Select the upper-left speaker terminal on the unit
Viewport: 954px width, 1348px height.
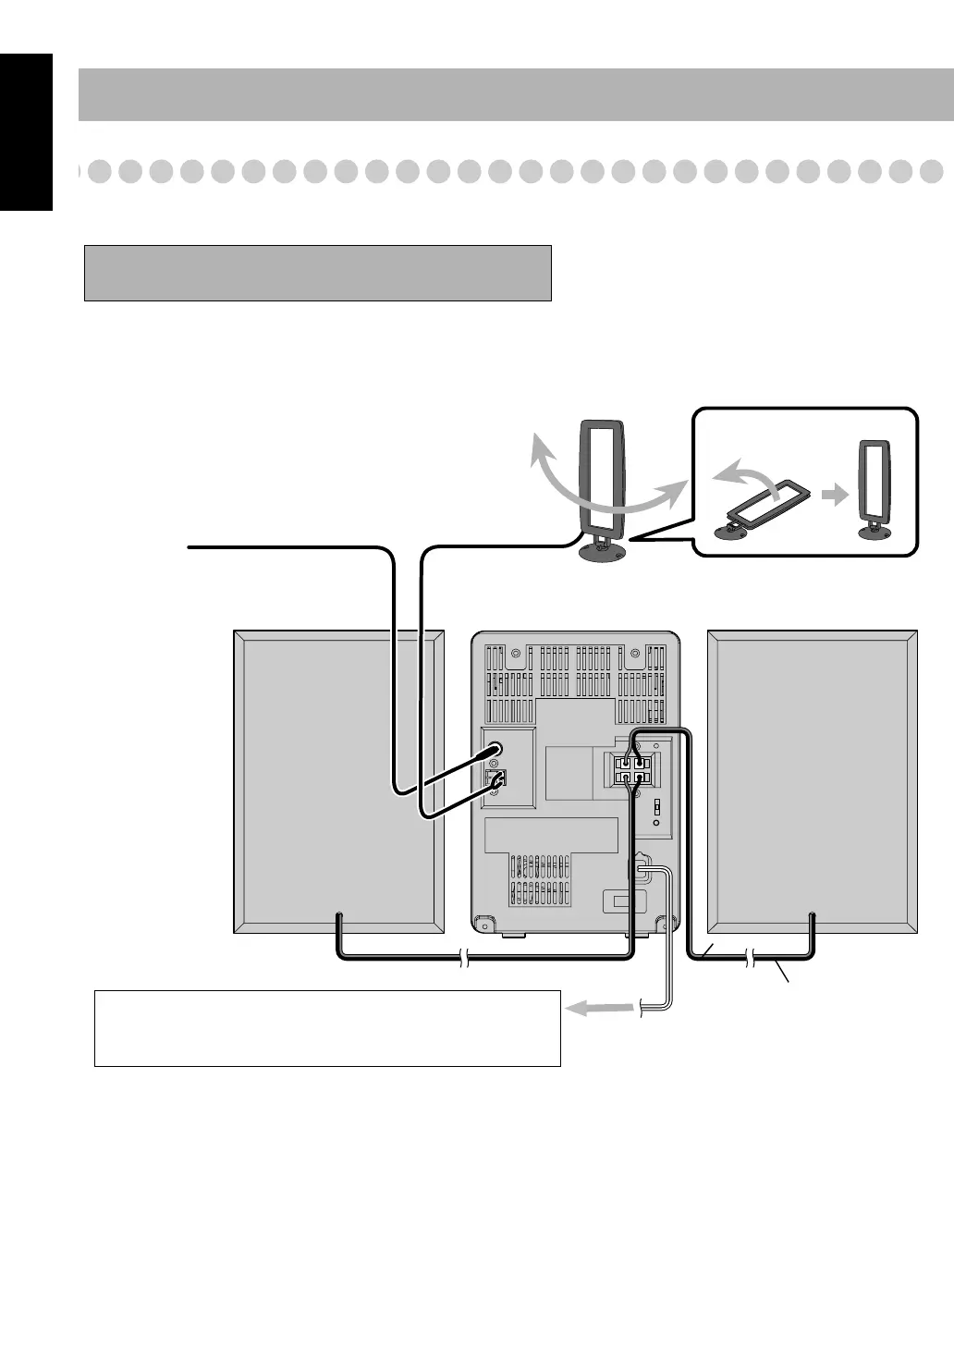[x=624, y=764]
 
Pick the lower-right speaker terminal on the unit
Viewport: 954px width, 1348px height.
[x=641, y=778]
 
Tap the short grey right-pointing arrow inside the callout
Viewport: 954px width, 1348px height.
[x=836, y=496]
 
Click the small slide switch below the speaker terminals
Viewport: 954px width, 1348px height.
[x=656, y=807]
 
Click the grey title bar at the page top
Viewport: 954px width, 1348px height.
[x=516, y=94]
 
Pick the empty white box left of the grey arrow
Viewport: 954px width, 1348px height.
[x=327, y=1028]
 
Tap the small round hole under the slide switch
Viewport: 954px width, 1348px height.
[x=656, y=822]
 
